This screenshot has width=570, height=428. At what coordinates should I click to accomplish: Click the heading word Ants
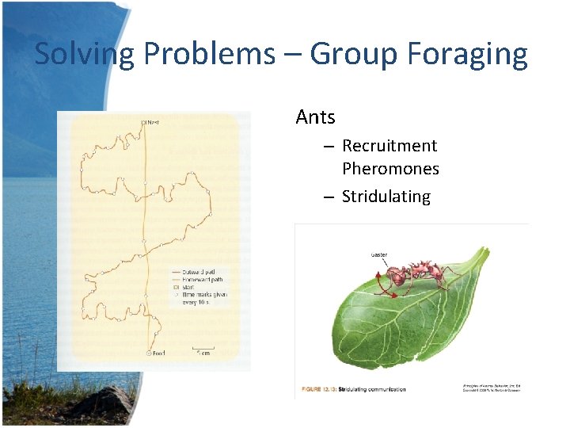(315, 117)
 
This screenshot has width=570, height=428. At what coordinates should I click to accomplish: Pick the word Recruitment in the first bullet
(389, 146)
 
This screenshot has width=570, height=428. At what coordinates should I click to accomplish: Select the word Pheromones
(390, 169)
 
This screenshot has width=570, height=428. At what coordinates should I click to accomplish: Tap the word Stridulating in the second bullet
(386, 197)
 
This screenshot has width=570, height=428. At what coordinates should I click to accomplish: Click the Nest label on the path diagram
(152, 122)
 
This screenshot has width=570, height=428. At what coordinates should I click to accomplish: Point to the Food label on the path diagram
(159, 354)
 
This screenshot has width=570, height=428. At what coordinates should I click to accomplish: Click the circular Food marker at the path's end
(148, 354)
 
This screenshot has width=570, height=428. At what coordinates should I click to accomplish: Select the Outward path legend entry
(192, 272)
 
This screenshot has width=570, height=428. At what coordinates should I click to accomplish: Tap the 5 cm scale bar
(203, 350)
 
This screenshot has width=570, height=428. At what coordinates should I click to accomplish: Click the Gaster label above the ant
(379, 254)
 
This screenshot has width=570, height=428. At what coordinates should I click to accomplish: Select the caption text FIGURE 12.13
(322, 389)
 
